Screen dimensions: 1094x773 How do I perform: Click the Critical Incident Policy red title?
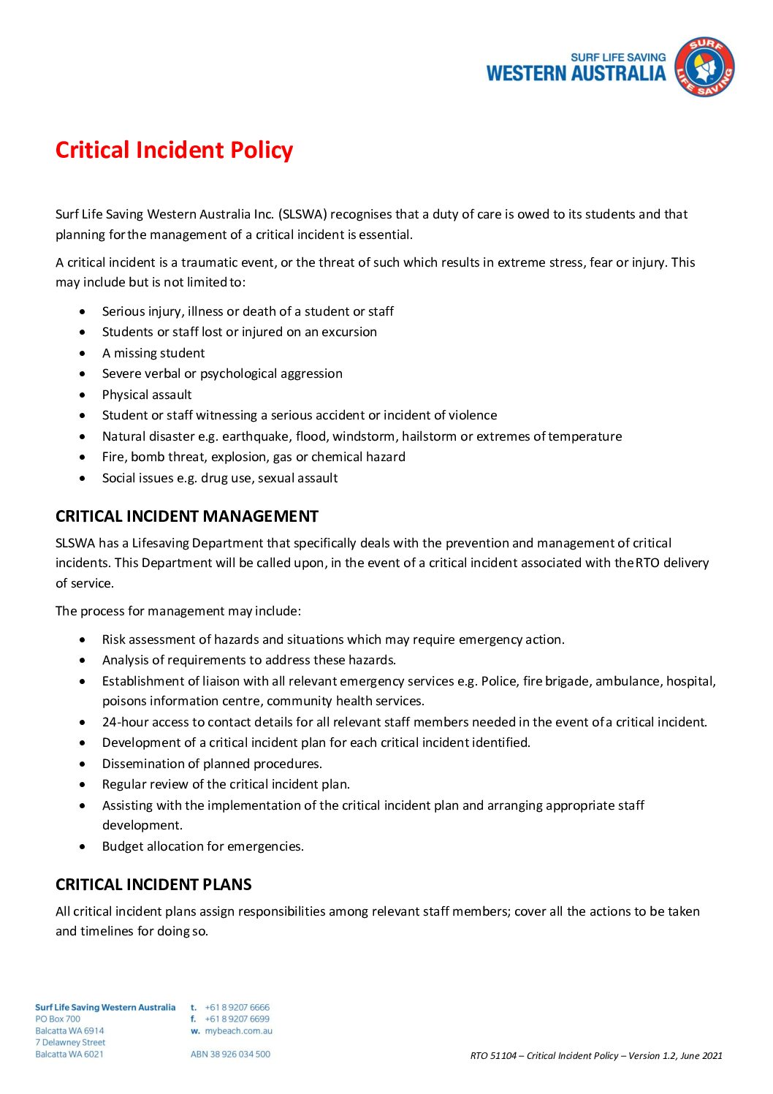click(174, 150)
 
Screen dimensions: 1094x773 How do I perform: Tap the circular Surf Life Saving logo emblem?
click(704, 67)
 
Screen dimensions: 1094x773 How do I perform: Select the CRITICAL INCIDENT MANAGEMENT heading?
click(187, 517)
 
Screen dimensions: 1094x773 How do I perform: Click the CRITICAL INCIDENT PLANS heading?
click(153, 884)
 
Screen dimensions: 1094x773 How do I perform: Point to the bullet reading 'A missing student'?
click(153, 353)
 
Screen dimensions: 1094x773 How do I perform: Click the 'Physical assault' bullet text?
click(147, 395)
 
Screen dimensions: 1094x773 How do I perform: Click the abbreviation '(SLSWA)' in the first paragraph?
click(302, 214)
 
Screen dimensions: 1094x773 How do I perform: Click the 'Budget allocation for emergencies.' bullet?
click(203, 846)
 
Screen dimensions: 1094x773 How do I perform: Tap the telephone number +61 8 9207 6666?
click(237, 1007)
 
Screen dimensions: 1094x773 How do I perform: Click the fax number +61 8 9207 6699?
click(237, 1019)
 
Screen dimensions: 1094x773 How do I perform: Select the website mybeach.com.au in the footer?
click(238, 1031)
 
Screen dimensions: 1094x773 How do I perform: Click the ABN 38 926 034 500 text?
click(230, 1054)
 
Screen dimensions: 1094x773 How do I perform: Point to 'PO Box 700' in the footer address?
click(58, 1019)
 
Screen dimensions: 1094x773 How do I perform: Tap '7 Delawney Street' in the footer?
click(70, 1042)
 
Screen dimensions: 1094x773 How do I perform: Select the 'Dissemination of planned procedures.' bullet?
click(212, 764)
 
